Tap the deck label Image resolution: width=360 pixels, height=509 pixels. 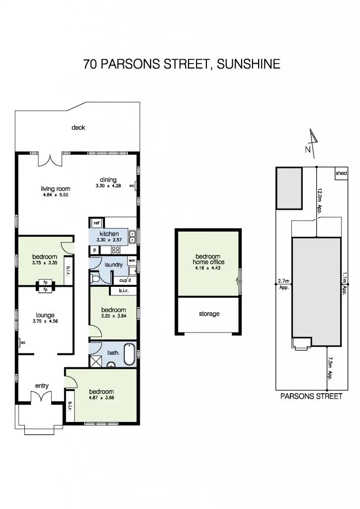[x=78, y=128]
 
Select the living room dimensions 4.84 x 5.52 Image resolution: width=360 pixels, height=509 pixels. [x=55, y=195]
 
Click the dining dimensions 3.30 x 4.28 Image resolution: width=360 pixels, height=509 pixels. [x=108, y=186]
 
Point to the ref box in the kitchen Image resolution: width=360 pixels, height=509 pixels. [x=96, y=223]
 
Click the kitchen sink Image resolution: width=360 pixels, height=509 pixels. [x=132, y=238]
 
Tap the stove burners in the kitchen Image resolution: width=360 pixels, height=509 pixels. [x=116, y=250]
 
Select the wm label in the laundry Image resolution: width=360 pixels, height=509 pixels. [x=132, y=260]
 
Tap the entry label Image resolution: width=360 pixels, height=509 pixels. [x=42, y=385]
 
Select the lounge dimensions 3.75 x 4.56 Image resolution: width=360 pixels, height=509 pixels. [x=45, y=321]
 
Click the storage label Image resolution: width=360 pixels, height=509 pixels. [x=208, y=314]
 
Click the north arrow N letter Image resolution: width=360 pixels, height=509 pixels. [x=308, y=149]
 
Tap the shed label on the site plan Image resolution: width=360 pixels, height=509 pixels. [x=341, y=173]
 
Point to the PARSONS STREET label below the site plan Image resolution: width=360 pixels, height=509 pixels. [x=311, y=397]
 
